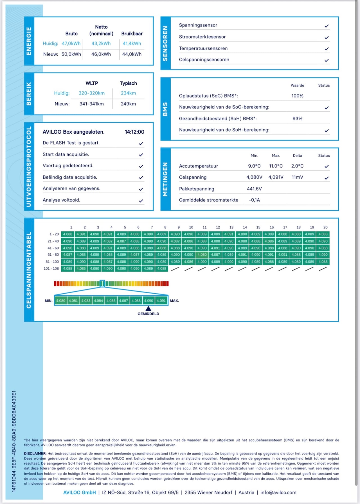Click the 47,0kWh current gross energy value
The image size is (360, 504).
point(71,44)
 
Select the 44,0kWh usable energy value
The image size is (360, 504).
point(132,54)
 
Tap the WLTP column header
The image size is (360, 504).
point(92,83)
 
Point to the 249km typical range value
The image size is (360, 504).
point(128,104)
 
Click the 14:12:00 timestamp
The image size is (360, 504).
point(134,132)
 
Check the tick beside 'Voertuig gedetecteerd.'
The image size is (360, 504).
point(141,166)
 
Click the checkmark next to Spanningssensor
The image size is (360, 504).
point(327,26)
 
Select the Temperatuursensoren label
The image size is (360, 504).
point(203,48)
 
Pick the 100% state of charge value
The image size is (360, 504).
point(297,96)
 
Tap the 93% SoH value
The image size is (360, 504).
point(297,119)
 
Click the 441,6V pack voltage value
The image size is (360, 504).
point(254,189)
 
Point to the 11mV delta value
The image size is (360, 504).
point(297,177)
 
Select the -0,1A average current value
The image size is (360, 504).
point(254,200)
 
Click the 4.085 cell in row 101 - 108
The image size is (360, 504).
point(81,269)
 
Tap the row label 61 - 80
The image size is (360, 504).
point(53,255)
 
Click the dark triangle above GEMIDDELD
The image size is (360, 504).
point(148,309)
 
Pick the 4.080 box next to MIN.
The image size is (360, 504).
point(60,301)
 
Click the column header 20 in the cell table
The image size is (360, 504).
point(325,227)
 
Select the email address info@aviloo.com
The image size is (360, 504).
point(278,492)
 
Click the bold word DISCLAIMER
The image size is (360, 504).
point(35,454)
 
